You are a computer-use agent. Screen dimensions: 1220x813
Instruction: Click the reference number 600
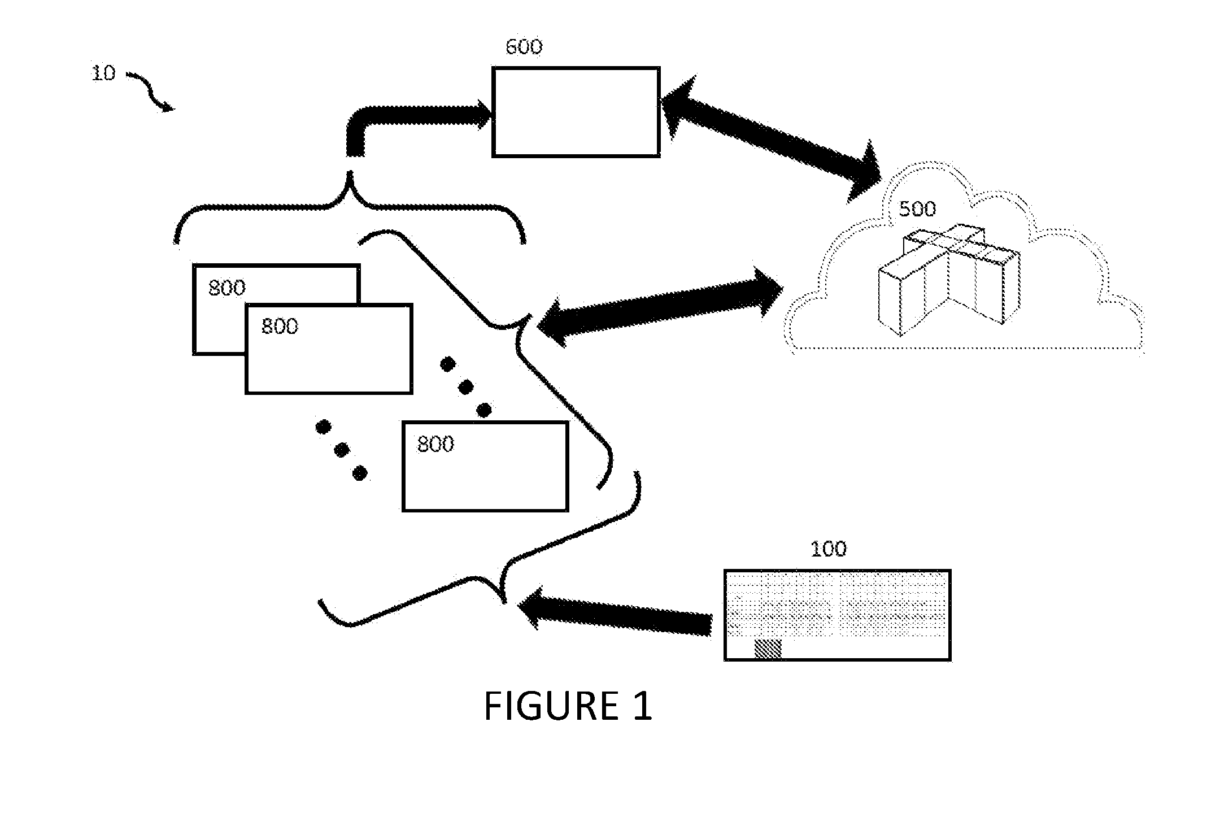(x=524, y=47)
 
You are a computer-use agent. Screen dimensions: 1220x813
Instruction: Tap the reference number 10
(x=103, y=73)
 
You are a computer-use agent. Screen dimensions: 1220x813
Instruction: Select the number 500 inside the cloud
(x=917, y=209)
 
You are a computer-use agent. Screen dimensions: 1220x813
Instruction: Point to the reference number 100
(x=829, y=549)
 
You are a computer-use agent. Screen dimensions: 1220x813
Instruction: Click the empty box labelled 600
(x=576, y=112)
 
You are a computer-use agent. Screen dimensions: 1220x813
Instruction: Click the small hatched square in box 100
(x=768, y=649)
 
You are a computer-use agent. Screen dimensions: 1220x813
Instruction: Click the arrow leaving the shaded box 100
(x=615, y=613)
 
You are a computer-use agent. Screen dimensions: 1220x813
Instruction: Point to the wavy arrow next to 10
(x=150, y=90)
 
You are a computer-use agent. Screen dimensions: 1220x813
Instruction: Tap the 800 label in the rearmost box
(x=227, y=288)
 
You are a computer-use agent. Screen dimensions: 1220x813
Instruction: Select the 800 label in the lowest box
(x=435, y=445)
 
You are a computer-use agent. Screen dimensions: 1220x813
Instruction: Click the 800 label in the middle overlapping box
(x=280, y=327)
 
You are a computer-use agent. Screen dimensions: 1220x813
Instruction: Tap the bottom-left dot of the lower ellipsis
(x=359, y=472)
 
